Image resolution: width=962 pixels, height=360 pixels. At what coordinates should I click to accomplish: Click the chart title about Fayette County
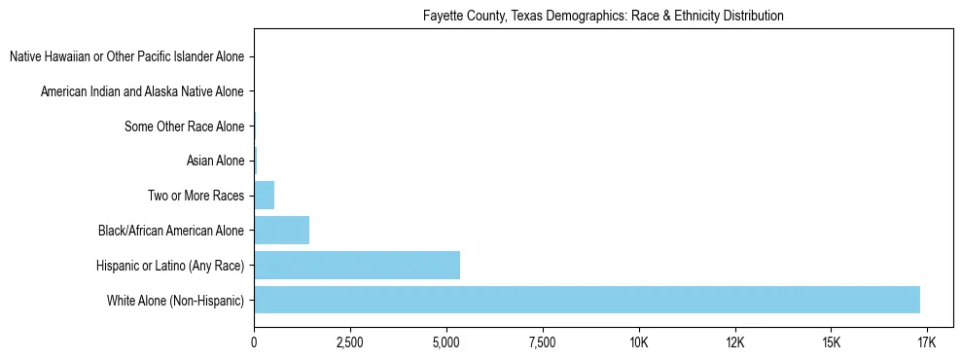pyautogui.click(x=603, y=17)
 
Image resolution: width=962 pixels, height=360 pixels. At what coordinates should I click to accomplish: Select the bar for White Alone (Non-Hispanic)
pyautogui.click(x=587, y=300)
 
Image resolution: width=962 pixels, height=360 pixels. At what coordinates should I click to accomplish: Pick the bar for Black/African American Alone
pyautogui.click(x=282, y=231)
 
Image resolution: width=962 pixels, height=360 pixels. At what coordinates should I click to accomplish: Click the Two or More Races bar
pyautogui.click(x=265, y=196)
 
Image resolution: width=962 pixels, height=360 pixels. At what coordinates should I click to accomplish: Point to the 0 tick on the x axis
pyautogui.click(x=254, y=343)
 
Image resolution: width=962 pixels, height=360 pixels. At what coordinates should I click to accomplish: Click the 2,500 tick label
pyautogui.click(x=349, y=343)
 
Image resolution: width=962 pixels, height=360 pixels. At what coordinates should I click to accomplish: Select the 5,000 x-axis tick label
pyautogui.click(x=445, y=343)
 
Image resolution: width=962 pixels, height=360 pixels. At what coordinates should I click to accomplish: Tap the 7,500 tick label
pyautogui.click(x=542, y=343)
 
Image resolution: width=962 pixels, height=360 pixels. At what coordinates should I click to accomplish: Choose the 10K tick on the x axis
pyautogui.click(x=638, y=343)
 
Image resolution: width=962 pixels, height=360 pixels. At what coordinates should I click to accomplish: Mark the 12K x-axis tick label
pyautogui.click(x=734, y=343)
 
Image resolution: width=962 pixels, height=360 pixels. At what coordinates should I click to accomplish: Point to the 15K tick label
pyautogui.click(x=831, y=343)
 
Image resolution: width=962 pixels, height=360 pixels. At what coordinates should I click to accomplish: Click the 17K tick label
pyautogui.click(x=926, y=343)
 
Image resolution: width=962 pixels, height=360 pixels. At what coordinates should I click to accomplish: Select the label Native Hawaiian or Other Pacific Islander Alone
pyautogui.click(x=126, y=57)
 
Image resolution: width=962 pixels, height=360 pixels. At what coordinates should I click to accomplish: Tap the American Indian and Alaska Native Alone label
pyautogui.click(x=142, y=92)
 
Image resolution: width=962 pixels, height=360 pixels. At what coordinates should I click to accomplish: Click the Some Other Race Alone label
pyautogui.click(x=185, y=126)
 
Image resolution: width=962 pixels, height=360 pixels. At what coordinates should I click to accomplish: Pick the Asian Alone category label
pyautogui.click(x=215, y=162)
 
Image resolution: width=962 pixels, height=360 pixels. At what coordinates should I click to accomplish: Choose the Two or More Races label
pyautogui.click(x=196, y=196)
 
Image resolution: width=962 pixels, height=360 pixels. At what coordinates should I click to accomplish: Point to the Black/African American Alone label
pyautogui.click(x=171, y=231)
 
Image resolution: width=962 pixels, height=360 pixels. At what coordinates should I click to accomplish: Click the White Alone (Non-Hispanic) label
pyautogui.click(x=176, y=300)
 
